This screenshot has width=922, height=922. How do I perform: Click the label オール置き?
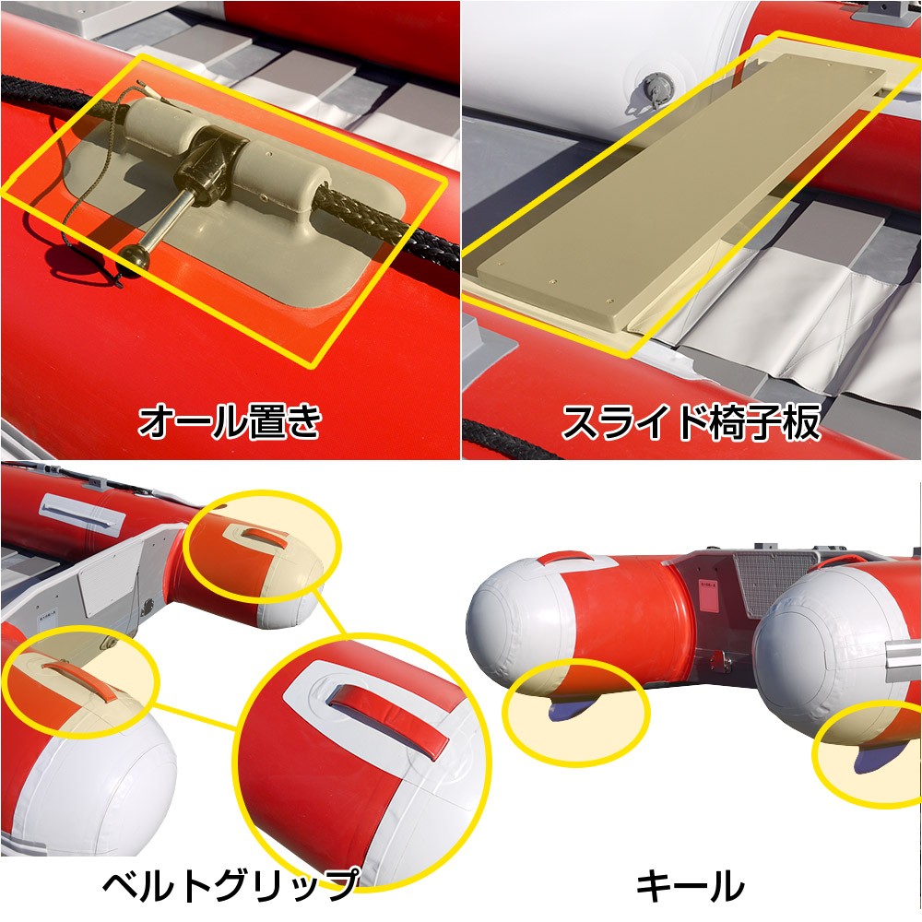pyautogui.click(x=230, y=421)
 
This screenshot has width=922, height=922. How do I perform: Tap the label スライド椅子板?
pyautogui.click(x=691, y=422)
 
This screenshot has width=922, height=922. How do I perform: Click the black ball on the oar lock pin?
pyautogui.click(x=131, y=259)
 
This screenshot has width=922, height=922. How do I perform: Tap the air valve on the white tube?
pyautogui.click(x=656, y=89)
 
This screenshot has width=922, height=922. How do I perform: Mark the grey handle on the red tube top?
pyautogui.click(x=82, y=515)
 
